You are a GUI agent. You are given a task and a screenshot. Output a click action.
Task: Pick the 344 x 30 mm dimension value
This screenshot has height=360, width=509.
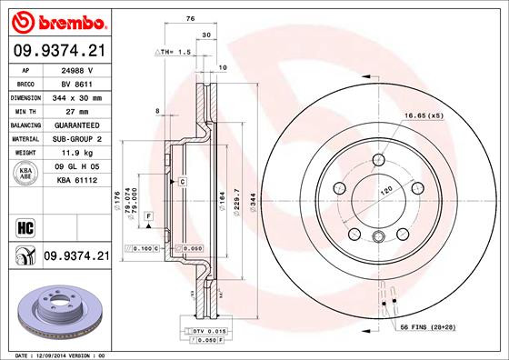point(76,95)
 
